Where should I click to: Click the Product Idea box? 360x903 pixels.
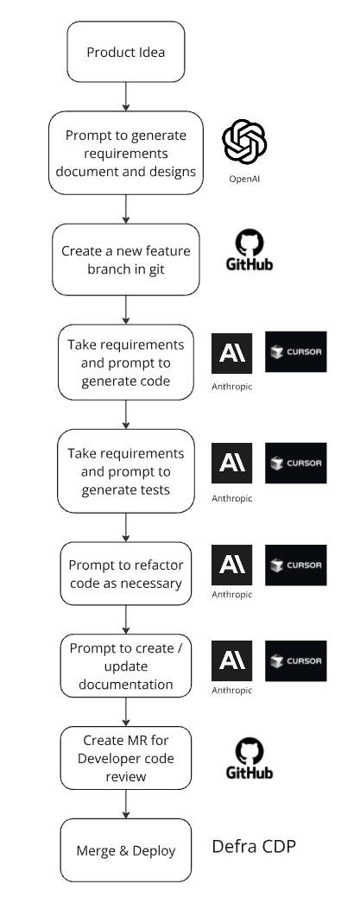click(125, 52)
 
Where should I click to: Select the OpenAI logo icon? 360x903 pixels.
click(244, 142)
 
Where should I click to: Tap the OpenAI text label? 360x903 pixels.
click(244, 179)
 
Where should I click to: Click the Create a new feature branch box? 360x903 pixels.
click(125, 260)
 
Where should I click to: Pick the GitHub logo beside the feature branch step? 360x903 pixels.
click(249, 250)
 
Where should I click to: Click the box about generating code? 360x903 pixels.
click(125, 363)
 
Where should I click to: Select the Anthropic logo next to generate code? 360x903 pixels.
click(231, 353)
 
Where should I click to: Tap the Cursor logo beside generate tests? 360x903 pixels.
click(295, 463)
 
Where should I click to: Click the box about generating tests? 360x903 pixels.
click(125, 471)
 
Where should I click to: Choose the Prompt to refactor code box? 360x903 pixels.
click(125, 573)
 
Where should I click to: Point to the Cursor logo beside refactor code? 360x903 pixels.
click(295, 565)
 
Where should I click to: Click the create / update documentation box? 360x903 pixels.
click(125, 666)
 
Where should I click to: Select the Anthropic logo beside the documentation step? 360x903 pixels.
click(231, 660)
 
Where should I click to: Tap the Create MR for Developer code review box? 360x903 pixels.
click(125, 758)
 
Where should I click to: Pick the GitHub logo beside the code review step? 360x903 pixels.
click(249, 759)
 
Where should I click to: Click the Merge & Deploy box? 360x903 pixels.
click(125, 850)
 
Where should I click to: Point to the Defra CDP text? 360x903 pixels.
click(254, 846)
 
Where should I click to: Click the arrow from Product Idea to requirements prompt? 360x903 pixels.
click(125, 97)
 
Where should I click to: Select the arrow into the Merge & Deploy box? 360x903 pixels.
click(125, 804)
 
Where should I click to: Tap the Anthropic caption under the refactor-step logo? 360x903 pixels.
click(231, 594)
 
